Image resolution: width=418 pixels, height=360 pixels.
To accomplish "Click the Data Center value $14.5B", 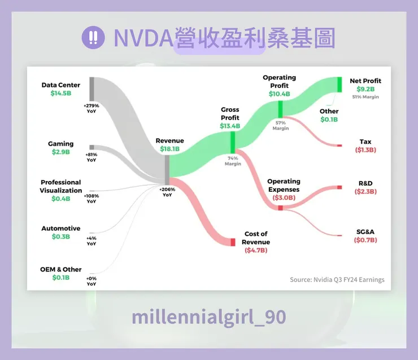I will tap(61, 94).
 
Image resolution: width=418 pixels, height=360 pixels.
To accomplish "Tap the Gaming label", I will tap(60, 144).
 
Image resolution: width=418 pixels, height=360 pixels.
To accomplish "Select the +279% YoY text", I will tap(92, 108).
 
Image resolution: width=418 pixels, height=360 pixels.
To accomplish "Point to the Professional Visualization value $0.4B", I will tap(60, 199).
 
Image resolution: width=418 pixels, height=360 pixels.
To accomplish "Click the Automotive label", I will tap(60, 229).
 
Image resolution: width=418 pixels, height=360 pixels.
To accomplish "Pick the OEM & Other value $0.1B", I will tap(60, 278).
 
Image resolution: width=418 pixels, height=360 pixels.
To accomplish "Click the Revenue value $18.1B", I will tap(169, 149).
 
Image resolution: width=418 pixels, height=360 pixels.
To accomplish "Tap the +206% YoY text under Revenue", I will tap(167, 192).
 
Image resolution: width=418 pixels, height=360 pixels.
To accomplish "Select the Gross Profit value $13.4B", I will tap(230, 126).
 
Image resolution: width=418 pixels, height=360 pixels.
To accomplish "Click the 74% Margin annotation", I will tap(233, 161).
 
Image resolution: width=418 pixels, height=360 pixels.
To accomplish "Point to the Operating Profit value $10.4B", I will tap(279, 94).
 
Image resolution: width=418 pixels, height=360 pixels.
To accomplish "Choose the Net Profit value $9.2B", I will tap(365, 89).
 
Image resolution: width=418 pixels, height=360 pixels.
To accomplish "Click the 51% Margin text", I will tap(365, 97).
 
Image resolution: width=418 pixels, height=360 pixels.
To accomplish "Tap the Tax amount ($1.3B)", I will tap(365, 150).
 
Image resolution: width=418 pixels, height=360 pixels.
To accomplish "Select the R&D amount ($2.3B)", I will tap(365, 192).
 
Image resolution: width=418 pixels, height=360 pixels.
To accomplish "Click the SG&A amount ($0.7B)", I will tap(365, 240).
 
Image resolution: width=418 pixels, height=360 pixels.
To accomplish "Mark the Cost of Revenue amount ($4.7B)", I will tap(256, 250).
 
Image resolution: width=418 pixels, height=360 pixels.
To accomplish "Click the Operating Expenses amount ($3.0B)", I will tap(284, 198).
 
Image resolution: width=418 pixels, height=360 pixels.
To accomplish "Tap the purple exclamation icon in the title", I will tap(92, 38).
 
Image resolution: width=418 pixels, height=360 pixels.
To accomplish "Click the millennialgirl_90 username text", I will tap(208, 317).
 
